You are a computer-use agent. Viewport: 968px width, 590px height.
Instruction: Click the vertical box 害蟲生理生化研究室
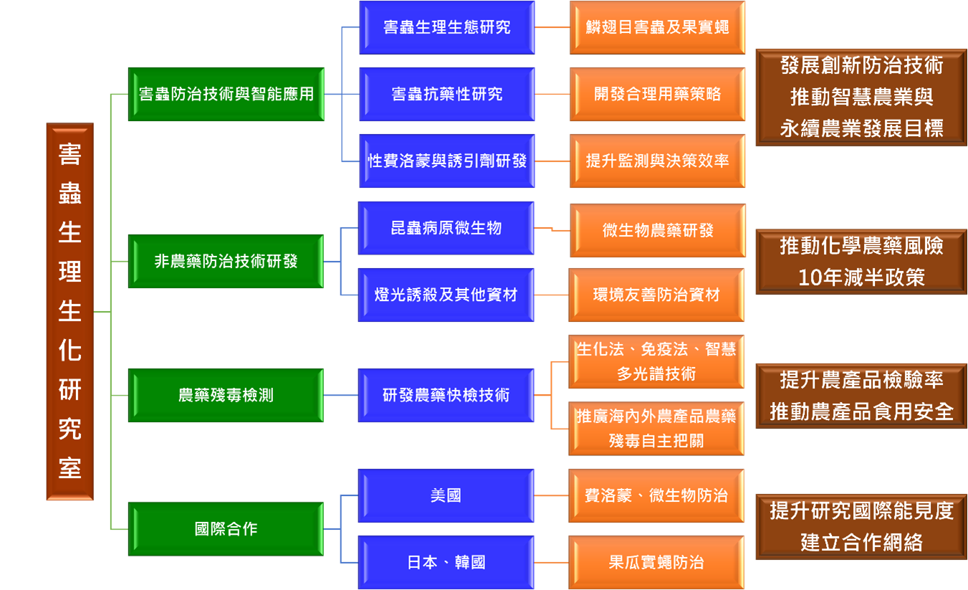[x=70, y=311]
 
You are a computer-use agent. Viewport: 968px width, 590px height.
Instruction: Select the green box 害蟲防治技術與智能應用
[x=226, y=94]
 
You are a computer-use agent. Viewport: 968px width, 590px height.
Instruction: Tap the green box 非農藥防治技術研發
[x=226, y=262]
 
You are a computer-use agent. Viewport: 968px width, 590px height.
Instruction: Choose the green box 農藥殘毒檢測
[x=226, y=395]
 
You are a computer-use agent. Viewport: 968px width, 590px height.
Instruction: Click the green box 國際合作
[x=226, y=529]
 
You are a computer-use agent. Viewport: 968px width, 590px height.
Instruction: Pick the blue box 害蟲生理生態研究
[x=446, y=27]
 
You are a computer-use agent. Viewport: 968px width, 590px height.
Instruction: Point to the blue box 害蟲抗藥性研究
[x=446, y=94]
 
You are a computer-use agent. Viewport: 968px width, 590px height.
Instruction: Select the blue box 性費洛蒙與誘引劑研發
[x=446, y=161]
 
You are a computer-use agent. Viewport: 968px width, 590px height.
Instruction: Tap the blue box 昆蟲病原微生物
[x=446, y=228]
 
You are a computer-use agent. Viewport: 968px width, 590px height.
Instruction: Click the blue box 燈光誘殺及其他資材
[x=446, y=295]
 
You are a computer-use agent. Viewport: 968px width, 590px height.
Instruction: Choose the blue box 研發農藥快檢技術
[x=446, y=395]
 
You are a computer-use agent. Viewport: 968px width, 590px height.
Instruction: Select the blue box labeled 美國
[x=446, y=495]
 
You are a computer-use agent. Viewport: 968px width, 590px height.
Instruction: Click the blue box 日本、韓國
[x=446, y=563]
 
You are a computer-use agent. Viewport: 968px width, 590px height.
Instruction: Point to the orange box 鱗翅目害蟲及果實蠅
[x=657, y=27]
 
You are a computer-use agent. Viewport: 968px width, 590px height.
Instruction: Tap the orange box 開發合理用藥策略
[x=657, y=94]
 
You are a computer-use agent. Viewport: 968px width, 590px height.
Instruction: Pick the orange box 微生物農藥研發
[x=657, y=231]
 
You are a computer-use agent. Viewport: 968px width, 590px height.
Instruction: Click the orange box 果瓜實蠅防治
[x=657, y=563]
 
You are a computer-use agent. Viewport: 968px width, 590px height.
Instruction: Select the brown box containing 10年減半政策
[x=861, y=262]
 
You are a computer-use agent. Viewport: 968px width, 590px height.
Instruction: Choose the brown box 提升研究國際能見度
[x=861, y=527]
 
